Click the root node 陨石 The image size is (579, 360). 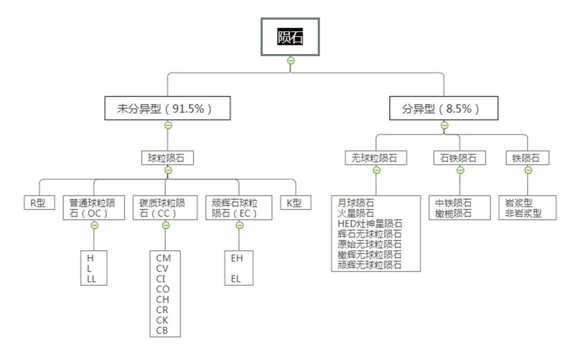pos(290,36)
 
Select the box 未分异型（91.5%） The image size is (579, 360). pos(167,108)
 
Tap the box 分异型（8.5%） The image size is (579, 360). pos(444,108)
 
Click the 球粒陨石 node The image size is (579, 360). pos(168,158)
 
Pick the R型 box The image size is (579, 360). pos(39,203)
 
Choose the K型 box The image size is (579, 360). pos(295,203)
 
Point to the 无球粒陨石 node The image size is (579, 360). pos(376,158)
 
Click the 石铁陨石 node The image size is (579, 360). pos(460,158)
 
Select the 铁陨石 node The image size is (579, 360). pos(528,158)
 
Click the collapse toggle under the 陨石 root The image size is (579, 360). pos(291,61)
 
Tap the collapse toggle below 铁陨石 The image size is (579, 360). pos(528,170)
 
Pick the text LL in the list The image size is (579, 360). pos(91,278)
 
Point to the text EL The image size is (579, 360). pos(237,278)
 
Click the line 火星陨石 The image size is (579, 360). pos(356,213)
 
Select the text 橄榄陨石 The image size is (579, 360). pos(454,213)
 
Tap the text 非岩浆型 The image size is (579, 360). pos(523,213)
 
